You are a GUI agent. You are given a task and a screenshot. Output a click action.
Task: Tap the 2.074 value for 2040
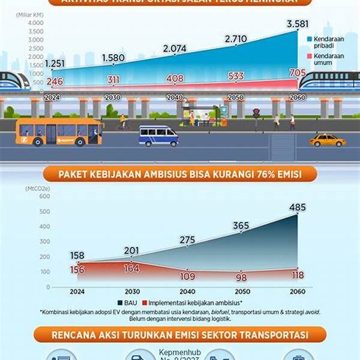pos(174,48)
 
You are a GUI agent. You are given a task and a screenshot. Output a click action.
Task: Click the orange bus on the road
pos(59,131)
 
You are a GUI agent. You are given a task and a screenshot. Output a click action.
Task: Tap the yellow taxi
pos(328,140)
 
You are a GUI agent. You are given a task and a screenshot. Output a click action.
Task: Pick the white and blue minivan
pos(158,136)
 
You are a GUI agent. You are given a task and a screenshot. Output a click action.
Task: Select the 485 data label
pos(296,208)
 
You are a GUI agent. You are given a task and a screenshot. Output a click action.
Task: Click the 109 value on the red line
pos(187,277)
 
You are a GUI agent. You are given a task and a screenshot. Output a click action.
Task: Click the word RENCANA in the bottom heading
pos(75,334)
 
